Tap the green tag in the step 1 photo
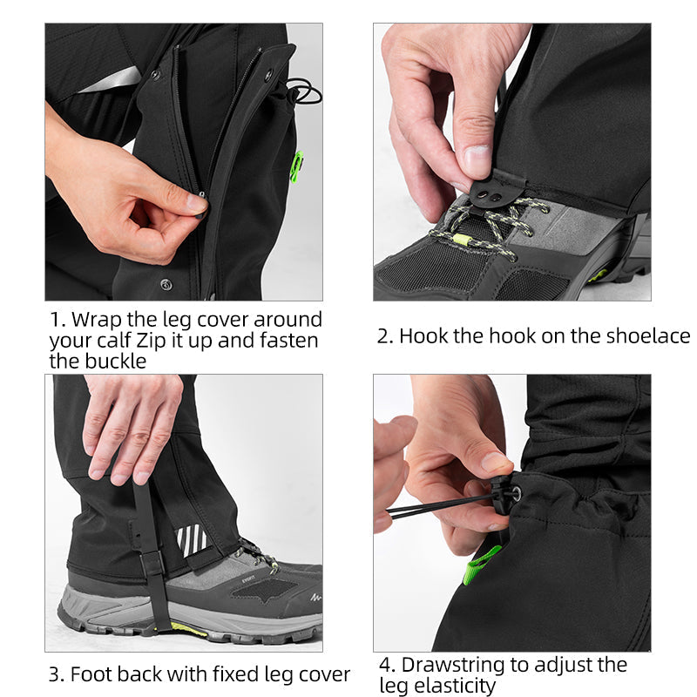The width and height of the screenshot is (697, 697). (296, 165)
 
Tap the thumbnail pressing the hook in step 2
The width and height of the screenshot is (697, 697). (477, 159)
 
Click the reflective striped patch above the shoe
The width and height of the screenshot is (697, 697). (192, 540)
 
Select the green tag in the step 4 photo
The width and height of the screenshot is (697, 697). (480, 565)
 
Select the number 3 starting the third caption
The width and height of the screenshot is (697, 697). (54, 674)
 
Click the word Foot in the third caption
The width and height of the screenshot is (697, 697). (90, 674)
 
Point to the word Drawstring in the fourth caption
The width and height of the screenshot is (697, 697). (457, 665)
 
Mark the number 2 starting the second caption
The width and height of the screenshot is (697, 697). (383, 336)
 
